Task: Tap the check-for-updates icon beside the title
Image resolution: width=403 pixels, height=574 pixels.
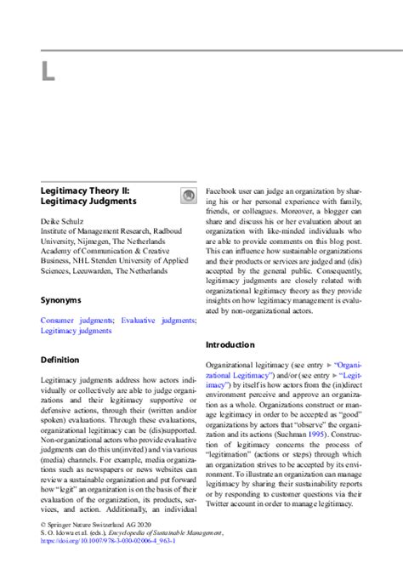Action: [x=188, y=196]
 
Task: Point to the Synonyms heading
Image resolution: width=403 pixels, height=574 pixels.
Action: [x=61, y=300]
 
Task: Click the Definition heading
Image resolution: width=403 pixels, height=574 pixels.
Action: [x=60, y=360]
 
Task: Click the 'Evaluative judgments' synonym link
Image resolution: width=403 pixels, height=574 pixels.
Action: [x=156, y=320]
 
